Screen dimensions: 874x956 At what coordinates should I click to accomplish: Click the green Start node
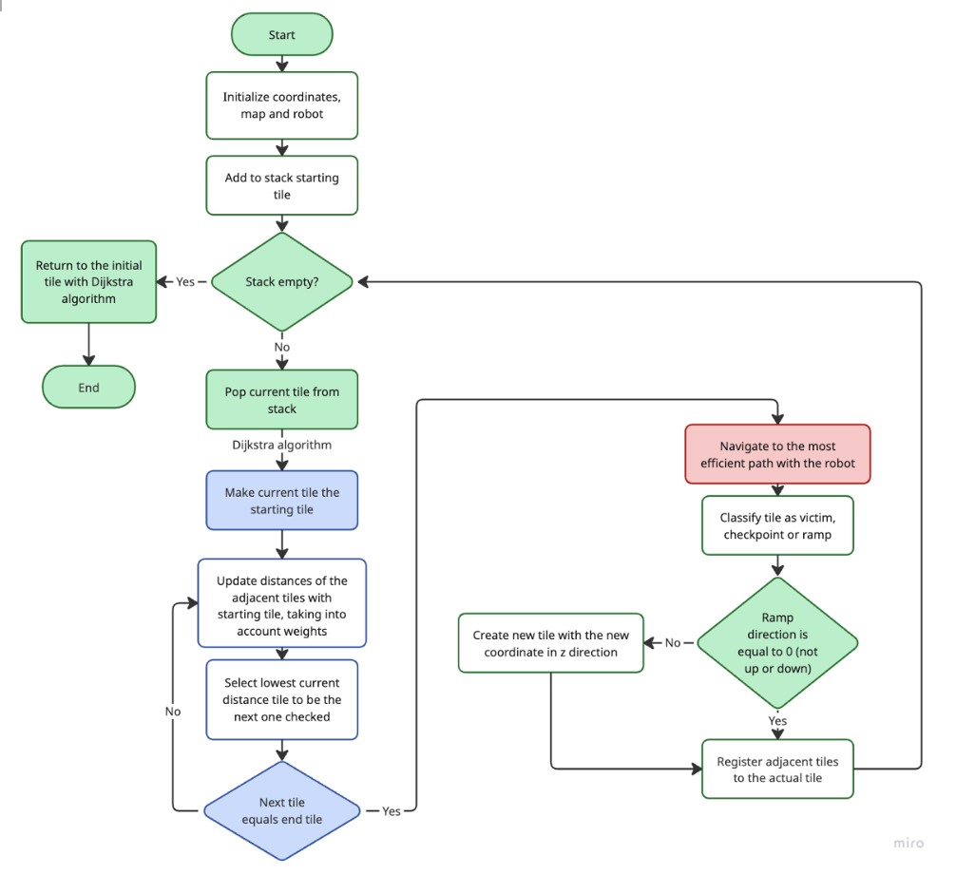(281, 35)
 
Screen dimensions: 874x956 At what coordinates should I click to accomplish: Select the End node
(88, 388)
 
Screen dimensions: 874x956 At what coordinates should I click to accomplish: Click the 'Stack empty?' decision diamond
(281, 282)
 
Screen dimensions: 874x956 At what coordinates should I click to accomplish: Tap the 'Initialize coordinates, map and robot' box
(281, 105)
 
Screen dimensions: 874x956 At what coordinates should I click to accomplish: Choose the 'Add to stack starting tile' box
(281, 186)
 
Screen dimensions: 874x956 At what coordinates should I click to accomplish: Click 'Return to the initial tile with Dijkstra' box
(88, 282)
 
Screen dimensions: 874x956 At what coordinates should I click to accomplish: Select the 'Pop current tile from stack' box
(281, 400)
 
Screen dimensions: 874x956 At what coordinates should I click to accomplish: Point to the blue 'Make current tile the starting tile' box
(281, 501)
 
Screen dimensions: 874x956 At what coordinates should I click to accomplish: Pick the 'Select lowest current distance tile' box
(281, 699)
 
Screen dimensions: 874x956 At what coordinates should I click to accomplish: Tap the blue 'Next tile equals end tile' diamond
(281, 811)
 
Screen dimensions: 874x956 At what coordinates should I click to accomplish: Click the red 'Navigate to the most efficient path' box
(777, 455)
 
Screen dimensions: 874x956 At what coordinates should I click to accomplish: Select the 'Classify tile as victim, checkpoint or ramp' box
(777, 525)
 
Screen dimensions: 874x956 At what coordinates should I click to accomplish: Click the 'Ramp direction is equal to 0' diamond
(777, 643)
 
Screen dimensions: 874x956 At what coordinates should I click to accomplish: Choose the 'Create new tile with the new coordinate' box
(550, 643)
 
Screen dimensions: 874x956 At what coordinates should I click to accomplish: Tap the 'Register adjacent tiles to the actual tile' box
(777, 769)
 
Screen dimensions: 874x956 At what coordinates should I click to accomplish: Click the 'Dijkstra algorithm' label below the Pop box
(281, 445)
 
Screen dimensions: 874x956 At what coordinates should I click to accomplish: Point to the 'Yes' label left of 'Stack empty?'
(185, 282)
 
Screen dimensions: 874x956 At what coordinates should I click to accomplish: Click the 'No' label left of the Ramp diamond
(673, 643)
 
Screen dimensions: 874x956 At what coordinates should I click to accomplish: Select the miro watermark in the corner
(908, 843)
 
